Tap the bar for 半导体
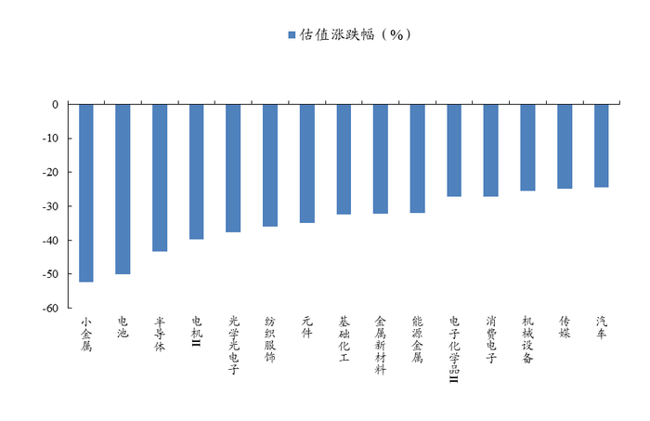(160, 178)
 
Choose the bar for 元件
(307, 164)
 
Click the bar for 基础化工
(344, 159)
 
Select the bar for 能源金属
(417, 159)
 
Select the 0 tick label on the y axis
(55, 105)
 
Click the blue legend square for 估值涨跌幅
(292, 34)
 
